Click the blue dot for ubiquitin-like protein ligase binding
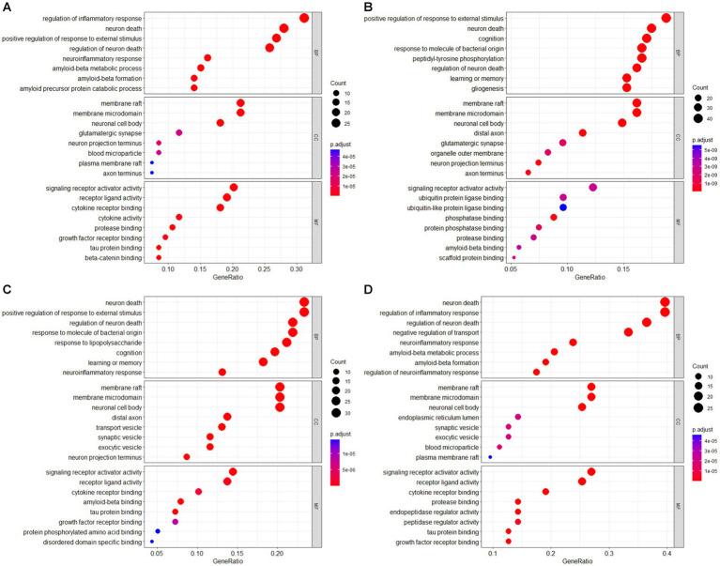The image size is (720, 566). [563, 207]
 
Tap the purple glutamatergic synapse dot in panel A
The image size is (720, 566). [153, 133]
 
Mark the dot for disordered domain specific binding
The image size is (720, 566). [152, 542]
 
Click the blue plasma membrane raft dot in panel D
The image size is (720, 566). [490, 458]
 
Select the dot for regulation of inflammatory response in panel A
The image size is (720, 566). [304, 19]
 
